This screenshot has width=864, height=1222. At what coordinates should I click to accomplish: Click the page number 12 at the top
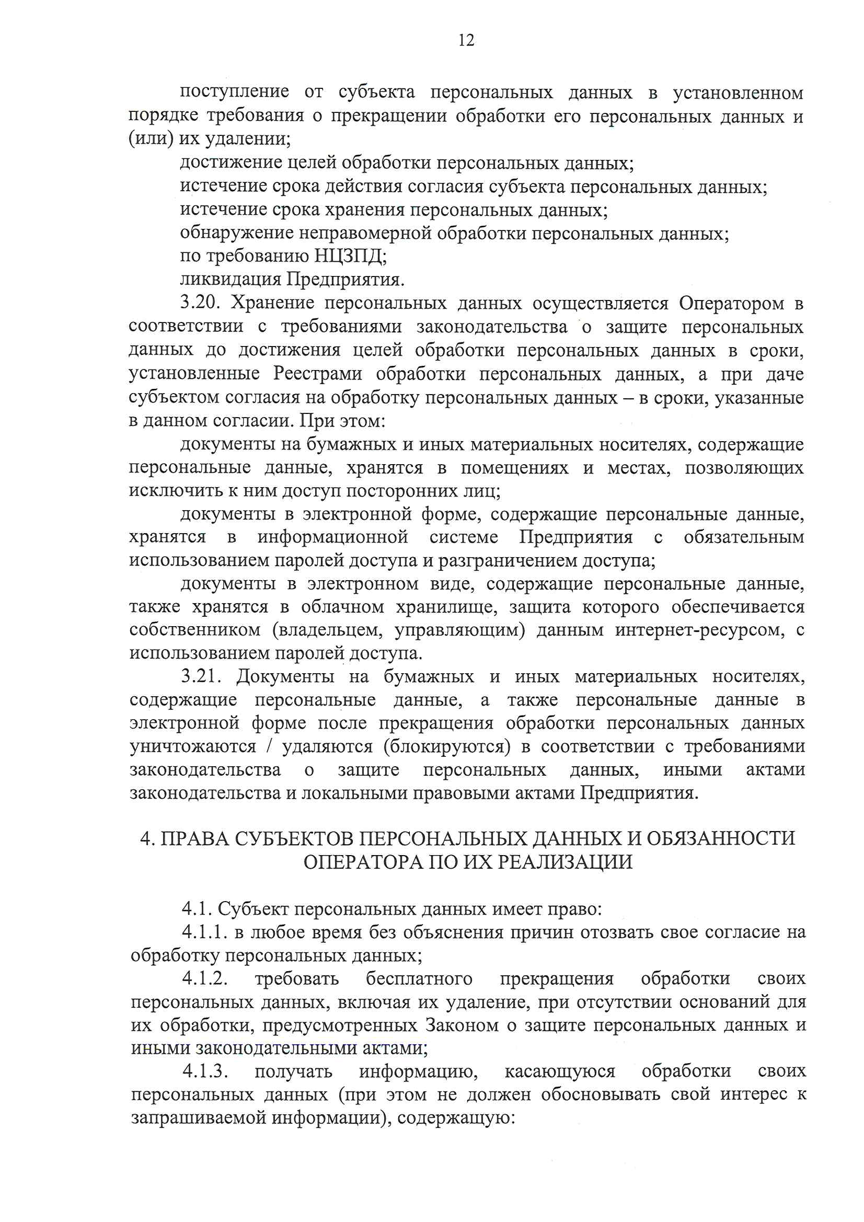[x=466, y=40]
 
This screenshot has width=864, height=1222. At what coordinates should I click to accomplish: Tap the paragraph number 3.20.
[x=200, y=302]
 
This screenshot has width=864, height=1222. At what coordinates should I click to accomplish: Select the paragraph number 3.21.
[x=201, y=676]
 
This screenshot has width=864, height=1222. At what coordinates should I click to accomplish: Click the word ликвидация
[x=230, y=279]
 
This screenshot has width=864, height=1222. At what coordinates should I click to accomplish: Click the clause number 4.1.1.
[x=204, y=932]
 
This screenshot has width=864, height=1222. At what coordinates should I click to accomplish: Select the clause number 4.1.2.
[x=205, y=978]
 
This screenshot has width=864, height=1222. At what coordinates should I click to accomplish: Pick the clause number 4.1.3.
[x=205, y=1071]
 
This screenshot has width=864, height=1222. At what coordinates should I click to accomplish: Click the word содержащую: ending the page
[x=456, y=1117]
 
